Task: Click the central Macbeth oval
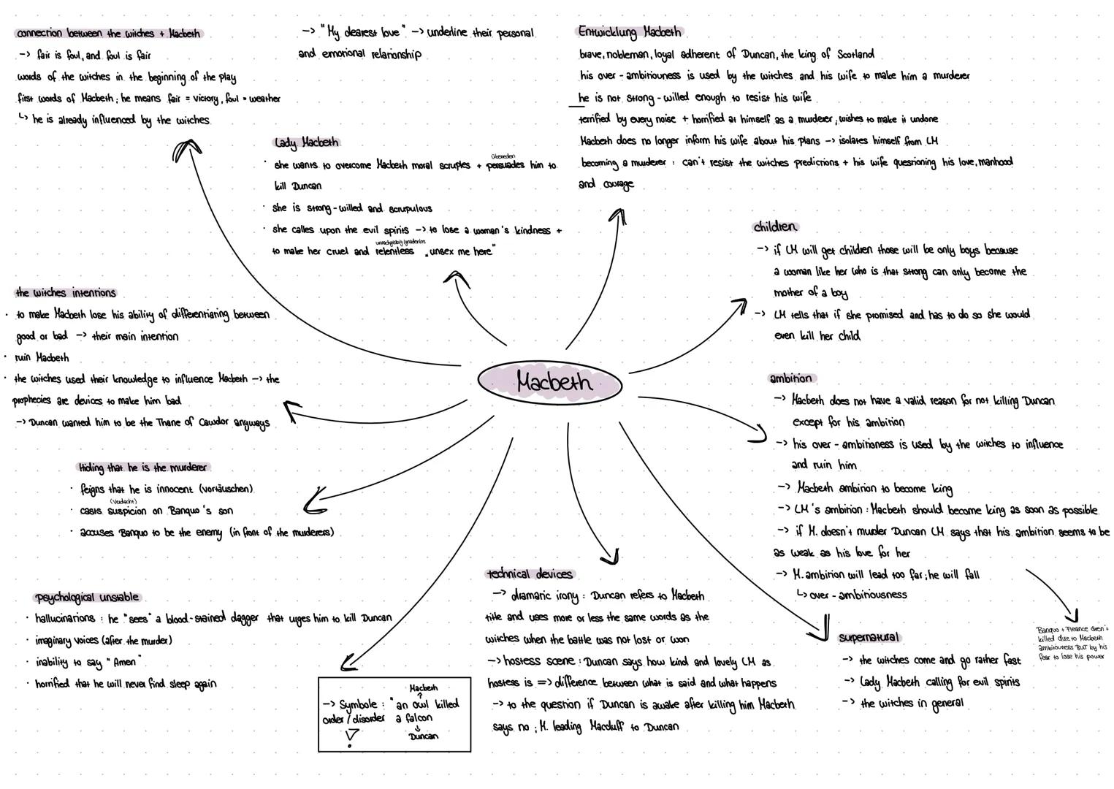point(550,381)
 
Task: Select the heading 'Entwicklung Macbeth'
point(630,32)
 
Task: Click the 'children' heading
point(775,227)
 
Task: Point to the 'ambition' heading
point(790,378)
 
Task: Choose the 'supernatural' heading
point(869,637)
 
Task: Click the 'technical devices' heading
point(530,574)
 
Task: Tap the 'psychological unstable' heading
point(87,598)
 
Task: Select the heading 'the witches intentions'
point(66,293)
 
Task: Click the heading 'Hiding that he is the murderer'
point(143,468)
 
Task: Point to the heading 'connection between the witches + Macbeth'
point(108,34)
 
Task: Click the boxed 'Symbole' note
point(394,714)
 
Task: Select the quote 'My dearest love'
point(363,33)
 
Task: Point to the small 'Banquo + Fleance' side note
point(1072,642)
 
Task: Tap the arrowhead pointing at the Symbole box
point(348,666)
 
